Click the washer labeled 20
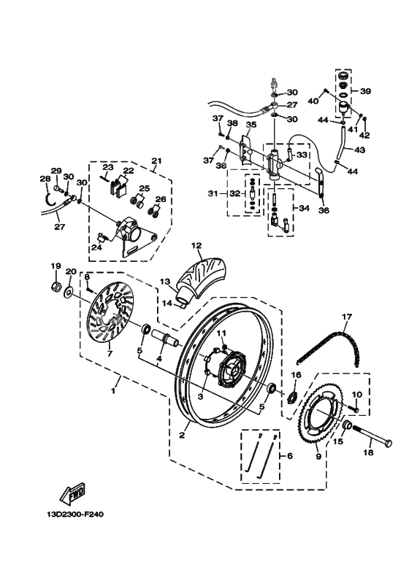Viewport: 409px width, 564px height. coord(69,293)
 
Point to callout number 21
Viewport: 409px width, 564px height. coord(156,161)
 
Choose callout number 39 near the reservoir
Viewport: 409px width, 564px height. coord(366,91)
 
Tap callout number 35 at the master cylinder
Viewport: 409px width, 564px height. coord(251,125)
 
